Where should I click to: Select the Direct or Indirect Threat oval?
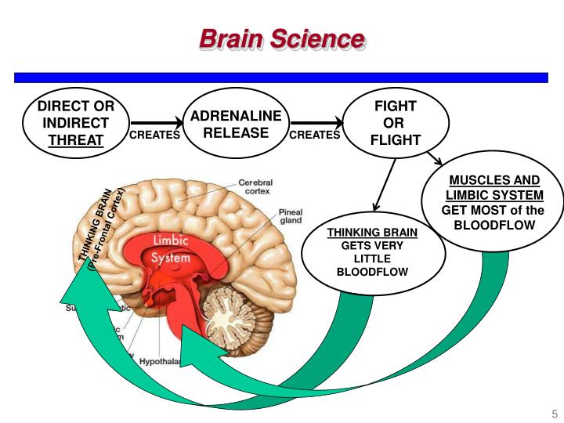pos(76,123)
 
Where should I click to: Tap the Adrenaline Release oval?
pos(236,124)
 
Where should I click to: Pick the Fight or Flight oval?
pos(395,123)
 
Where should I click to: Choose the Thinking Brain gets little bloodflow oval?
pos(372,252)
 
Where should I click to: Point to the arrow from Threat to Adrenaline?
pos(155,122)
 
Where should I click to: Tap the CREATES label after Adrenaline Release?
pos(315,135)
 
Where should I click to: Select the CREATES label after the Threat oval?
pos(154,135)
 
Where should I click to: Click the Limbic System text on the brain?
pos(170,249)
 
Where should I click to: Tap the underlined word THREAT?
pos(76,140)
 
